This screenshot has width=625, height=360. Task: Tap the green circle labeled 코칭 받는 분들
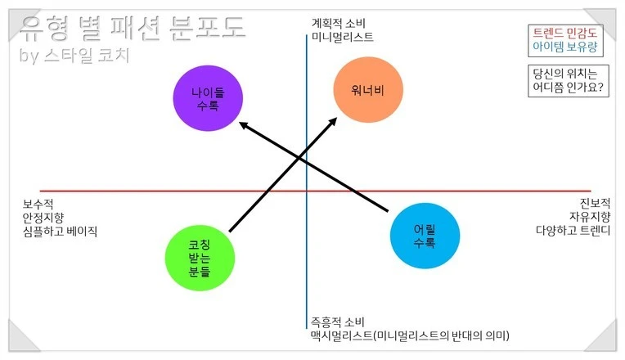(199, 258)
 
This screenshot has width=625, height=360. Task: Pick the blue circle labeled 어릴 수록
(424, 236)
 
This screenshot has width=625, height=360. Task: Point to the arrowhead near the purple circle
(243, 125)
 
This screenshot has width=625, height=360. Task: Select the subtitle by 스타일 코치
(74, 56)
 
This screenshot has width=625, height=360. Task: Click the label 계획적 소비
(338, 24)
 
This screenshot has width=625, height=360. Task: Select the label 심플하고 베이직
(60, 232)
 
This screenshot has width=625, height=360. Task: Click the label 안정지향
(43, 218)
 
